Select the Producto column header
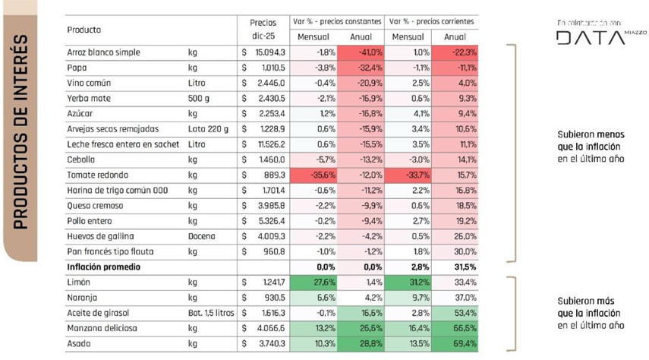pos(84,30)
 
